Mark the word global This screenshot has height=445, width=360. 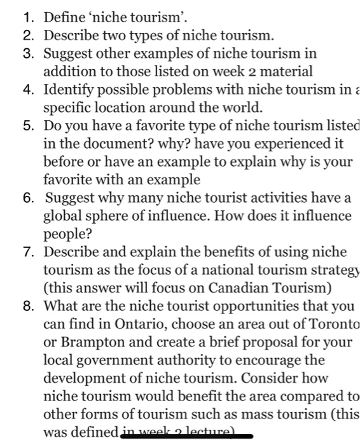click(x=62, y=216)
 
